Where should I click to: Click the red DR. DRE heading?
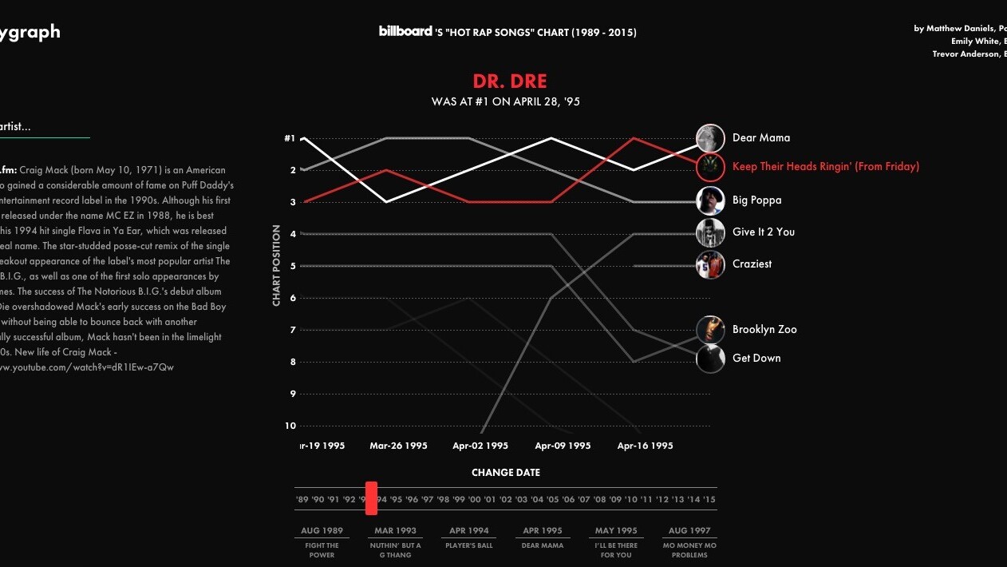click(509, 81)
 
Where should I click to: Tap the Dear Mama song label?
click(761, 138)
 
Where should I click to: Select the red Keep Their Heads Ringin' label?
click(825, 167)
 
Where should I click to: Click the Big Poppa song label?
click(756, 200)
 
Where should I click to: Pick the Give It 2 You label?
click(763, 232)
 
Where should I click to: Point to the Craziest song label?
click(752, 264)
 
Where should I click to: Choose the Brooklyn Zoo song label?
click(764, 330)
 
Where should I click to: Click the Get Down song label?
click(756, 359)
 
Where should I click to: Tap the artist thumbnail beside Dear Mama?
click(710, 138)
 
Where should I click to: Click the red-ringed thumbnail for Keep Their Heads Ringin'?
click(710, 167)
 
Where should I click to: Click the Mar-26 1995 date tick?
click(398, 446)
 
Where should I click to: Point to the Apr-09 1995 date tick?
click(563, 446)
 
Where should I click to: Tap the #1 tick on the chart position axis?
click(290, 138)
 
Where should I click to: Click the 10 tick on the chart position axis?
click(290, 426)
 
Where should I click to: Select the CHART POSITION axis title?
click(277, 265)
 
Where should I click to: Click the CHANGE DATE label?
click(505, 473)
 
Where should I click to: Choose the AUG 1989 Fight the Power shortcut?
click(322, 540)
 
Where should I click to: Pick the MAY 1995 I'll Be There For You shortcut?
click(616, 540)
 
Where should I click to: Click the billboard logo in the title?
click(405, 31)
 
